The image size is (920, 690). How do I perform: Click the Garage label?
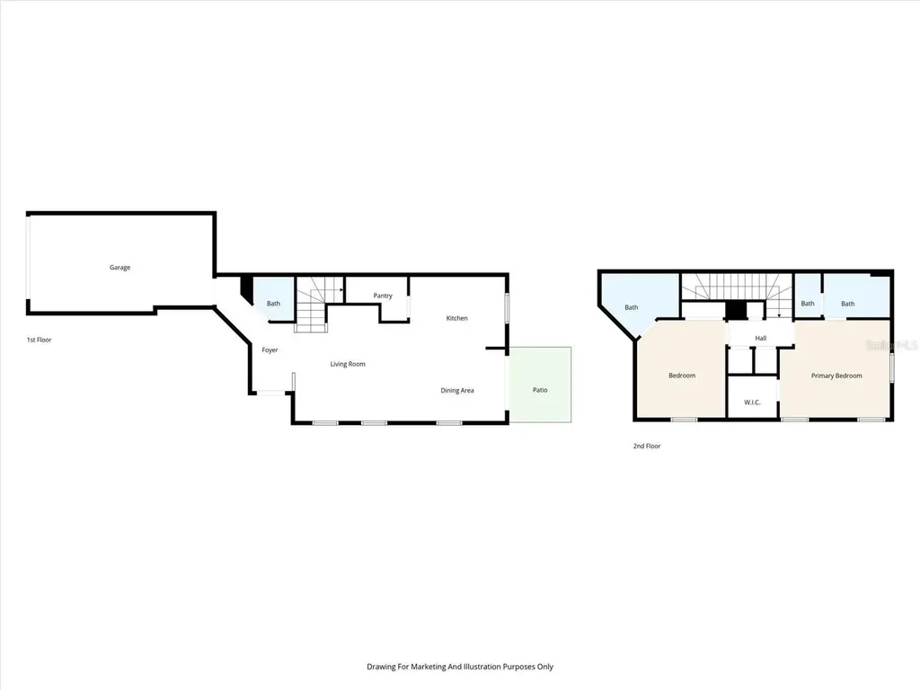[119, 267]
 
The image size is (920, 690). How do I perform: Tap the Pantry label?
[383, 296]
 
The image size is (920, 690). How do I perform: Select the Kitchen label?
[457, 318]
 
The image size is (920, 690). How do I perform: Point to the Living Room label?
[348, 364]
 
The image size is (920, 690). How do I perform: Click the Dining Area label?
[457, 390]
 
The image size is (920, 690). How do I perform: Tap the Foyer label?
[270, 349]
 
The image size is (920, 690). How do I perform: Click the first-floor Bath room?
[273, 303]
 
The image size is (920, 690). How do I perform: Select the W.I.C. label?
[752, 402]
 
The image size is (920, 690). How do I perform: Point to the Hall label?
[761, 338]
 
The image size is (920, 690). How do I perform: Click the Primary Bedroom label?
[836, 376]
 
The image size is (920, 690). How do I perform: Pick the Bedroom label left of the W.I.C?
[682, 376]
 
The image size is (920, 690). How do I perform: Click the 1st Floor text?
[40, 340]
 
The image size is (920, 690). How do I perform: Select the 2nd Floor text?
[647, 446]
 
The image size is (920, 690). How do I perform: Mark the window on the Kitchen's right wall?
[508, 307]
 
